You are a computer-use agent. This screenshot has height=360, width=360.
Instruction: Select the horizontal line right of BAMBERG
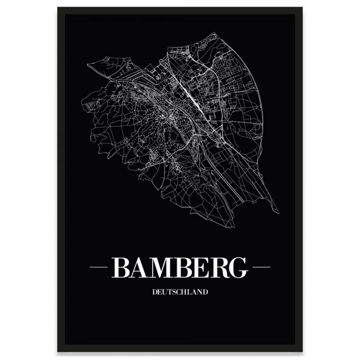262,268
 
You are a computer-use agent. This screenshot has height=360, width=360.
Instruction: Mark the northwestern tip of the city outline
88,65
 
